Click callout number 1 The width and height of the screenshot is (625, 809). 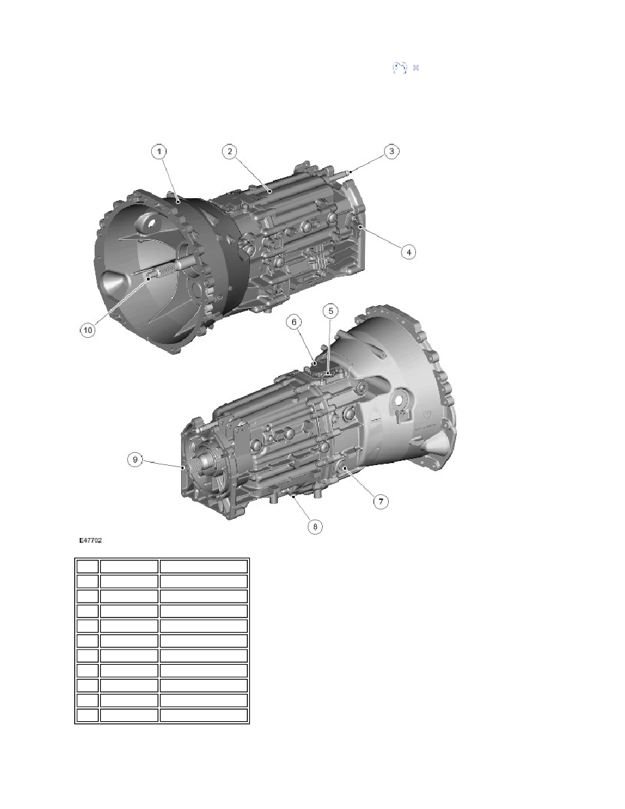click(159, 151)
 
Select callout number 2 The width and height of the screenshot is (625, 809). click(229, 151)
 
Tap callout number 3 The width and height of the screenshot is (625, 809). click(391, 151)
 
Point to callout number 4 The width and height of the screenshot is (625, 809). click(408, 252)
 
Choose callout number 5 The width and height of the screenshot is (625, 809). click(331, 311)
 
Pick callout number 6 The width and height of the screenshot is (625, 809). click(294, 322)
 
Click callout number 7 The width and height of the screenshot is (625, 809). click(381, 501)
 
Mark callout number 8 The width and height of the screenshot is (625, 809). click(315, 527)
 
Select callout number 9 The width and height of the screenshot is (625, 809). click(135, 460)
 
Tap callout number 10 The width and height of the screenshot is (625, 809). click(88, 330)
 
